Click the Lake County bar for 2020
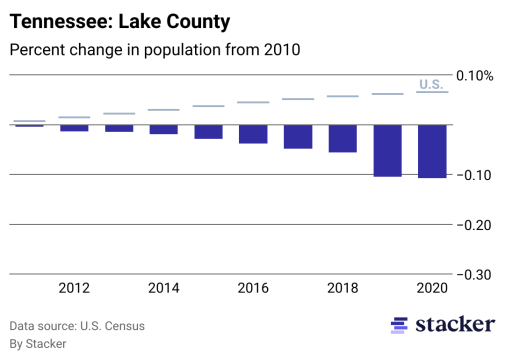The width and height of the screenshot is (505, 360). [x=432, y=151]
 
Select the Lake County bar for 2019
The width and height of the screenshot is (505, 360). [x=387, y=150]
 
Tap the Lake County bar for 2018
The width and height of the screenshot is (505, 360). [x=342, y=138]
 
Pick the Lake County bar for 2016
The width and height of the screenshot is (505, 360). [x=253, y=134]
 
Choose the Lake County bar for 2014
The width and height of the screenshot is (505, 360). [x=163, y=129]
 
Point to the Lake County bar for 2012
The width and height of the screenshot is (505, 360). [x=74, y=128]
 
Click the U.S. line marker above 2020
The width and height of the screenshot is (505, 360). [x=432, y=92]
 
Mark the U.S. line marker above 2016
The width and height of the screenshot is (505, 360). [x=253, y=102]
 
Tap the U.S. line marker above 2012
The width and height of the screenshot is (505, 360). [x=74, y=117]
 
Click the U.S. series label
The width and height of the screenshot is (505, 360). [x=431, y=84]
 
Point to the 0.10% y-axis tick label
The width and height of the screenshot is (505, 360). [x=474, y=76]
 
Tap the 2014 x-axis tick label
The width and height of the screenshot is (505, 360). [x=163, y=288]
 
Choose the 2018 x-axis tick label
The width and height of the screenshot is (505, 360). [x=342, y=288]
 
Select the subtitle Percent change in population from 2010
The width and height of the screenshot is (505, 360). [x=155, y=50]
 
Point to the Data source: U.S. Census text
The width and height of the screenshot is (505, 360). [x=77, y=326]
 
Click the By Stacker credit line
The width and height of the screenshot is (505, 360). [x=38, y=344]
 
